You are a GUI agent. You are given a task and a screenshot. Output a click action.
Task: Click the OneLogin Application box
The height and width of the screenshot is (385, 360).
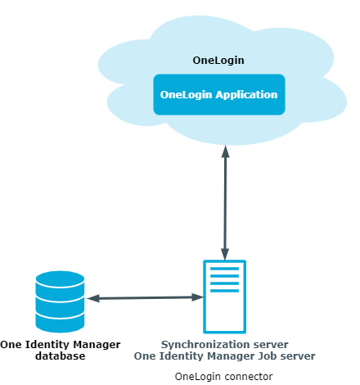(219, 94)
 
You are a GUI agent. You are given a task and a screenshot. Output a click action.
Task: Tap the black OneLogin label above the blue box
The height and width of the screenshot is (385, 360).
(218, 61)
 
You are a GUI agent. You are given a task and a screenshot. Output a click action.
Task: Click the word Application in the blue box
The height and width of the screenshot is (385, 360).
(246, 95)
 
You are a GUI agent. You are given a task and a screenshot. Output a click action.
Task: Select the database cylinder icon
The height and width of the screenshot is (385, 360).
(60, 301)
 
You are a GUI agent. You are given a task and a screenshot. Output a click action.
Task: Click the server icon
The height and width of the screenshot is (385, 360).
(225, 297)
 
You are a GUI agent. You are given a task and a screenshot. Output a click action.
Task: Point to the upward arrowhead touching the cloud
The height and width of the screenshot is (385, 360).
(225, 152)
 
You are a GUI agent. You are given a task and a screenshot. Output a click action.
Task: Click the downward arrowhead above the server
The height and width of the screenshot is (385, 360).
(225, 254)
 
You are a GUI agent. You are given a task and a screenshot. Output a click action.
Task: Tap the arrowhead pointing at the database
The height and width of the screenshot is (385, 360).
(93, 298)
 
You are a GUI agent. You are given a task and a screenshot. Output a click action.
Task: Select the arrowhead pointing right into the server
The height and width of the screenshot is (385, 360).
(197, 297)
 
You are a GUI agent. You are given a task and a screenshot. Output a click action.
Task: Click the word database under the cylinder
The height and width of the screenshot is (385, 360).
(61, 356)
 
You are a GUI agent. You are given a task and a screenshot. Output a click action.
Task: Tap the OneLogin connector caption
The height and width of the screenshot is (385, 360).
(223, 377)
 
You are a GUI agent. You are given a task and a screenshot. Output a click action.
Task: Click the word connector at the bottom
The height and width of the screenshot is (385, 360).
(248, 377)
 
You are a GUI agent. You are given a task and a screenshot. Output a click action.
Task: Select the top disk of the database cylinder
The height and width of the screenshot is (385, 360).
(60, 283)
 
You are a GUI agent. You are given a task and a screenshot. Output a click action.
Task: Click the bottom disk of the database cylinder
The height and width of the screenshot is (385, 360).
(60, 323)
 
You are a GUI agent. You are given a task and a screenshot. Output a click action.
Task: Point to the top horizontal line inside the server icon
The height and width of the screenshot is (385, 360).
(225, 269)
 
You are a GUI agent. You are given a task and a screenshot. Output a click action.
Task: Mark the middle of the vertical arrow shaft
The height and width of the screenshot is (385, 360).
(225, 202)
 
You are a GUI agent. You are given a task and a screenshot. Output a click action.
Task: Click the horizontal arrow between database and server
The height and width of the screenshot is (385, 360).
(145, 298)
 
